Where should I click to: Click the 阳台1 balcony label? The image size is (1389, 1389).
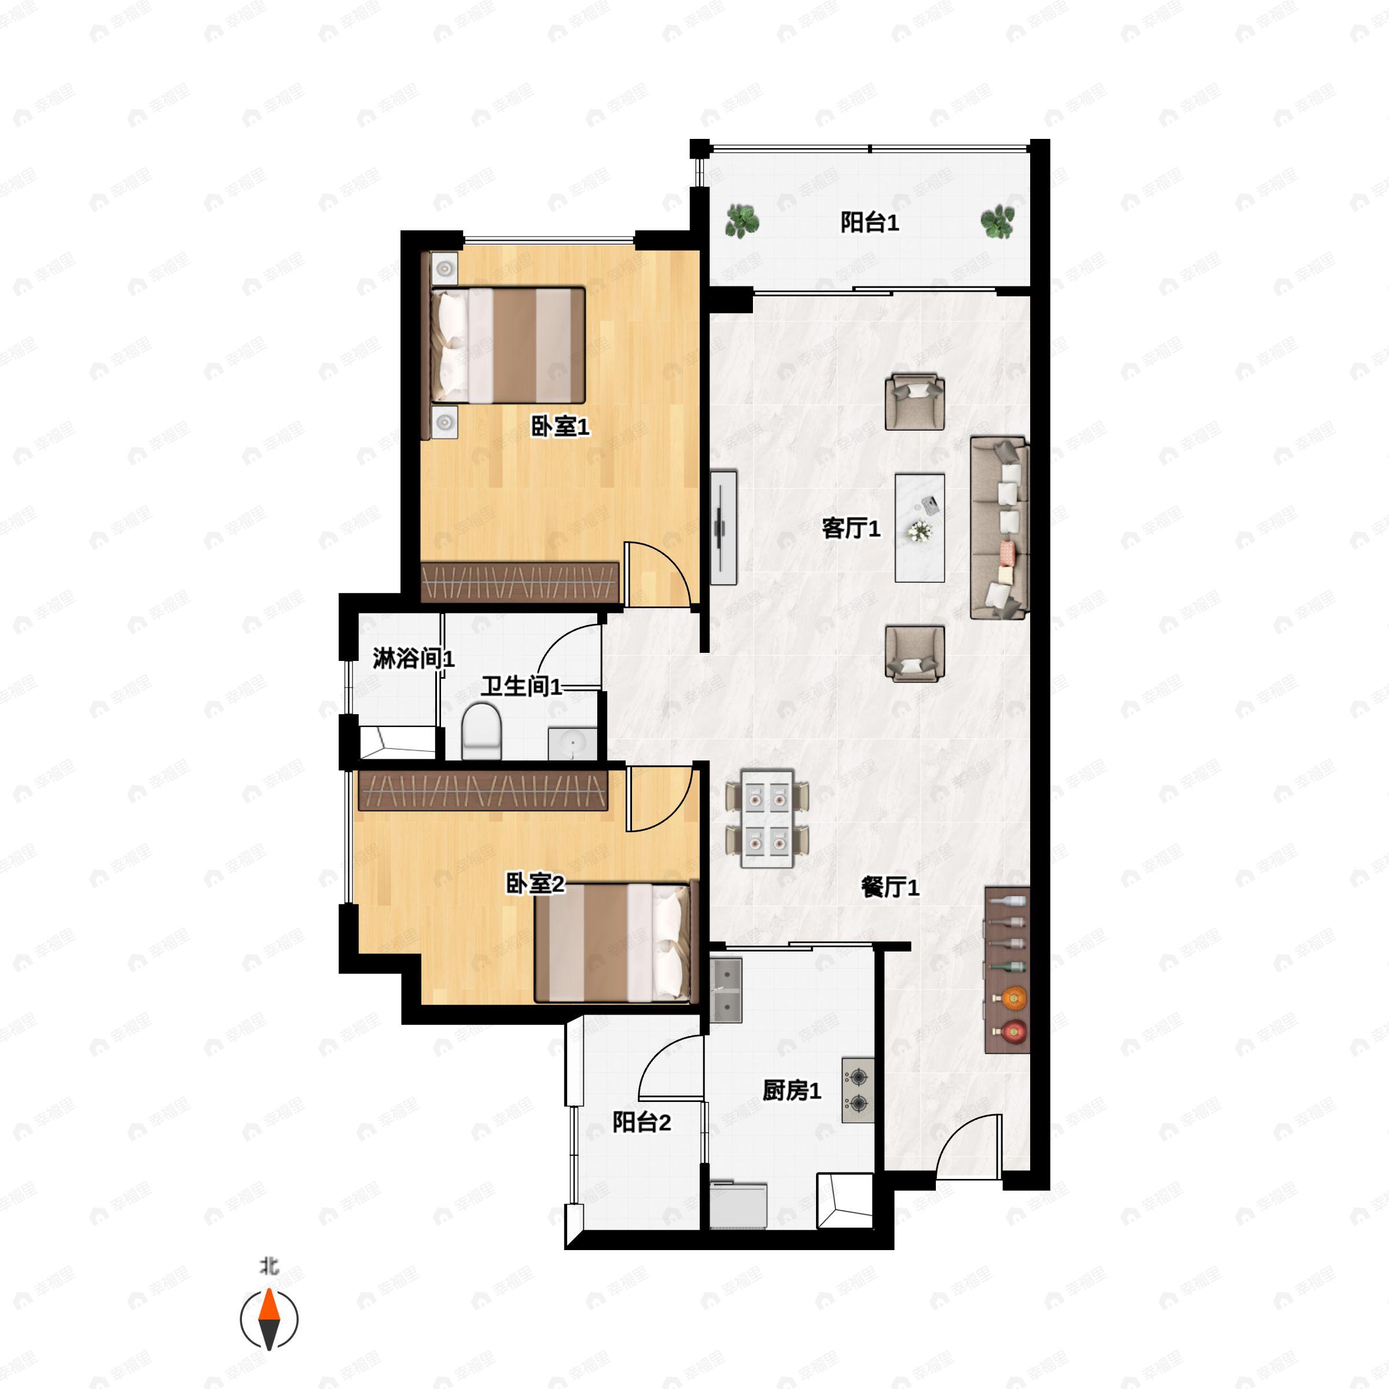(x=869, y=223)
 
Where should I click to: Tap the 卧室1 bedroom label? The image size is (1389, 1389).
(x=560, y=427)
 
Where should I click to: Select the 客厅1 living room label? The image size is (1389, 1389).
(x=851, y=528)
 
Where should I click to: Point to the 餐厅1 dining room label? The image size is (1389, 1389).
(x=890, y=887)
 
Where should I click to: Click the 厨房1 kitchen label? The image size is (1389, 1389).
(x=792, y=1090)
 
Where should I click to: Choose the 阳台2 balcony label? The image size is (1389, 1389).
(x=641, y=1122)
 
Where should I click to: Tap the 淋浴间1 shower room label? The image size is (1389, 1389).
(x=413, y=658)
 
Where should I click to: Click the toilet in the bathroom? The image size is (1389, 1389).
(x=481, y=730)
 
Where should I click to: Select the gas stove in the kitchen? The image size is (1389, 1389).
(x=858, y=1090)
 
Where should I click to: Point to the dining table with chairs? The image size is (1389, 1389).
(x=767, y=819)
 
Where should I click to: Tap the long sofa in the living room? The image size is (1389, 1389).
(x=1000, y=528)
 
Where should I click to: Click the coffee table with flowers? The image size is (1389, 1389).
(x=920, y=528)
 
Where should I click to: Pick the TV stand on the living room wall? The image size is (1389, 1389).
(x=723, y=528)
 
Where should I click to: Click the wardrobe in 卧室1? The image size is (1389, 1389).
(x=519, y=582)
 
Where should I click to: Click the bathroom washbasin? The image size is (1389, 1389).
(x=572, y=743)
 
